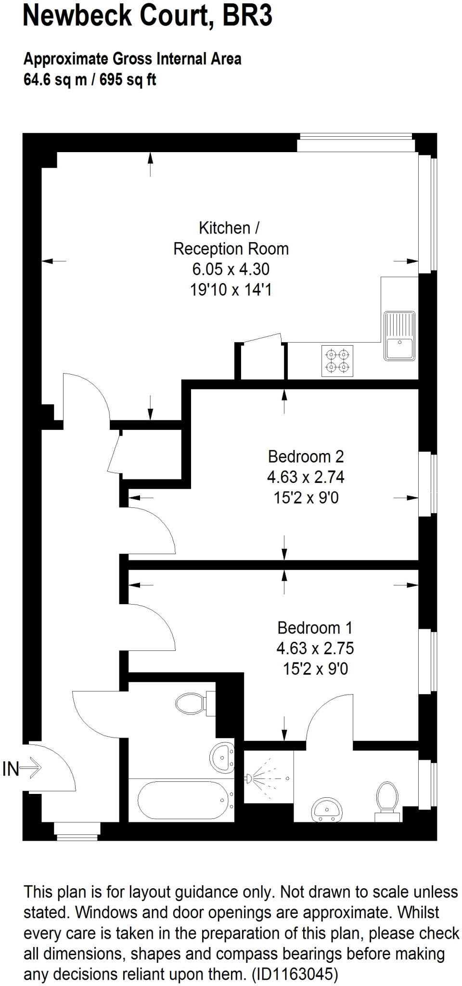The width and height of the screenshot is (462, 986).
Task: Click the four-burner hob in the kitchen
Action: [337, 361]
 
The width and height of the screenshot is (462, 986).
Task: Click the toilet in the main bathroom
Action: [192, 704]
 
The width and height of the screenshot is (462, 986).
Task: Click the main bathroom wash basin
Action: [222, 756]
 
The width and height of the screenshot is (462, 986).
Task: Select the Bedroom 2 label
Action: [306, 456]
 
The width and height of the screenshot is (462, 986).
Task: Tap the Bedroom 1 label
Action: [315, 627]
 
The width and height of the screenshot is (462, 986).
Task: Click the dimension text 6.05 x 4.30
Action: [231, 269]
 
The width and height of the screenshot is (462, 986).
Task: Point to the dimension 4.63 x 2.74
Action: [306, 477]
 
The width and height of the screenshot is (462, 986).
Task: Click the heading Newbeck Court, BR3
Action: [148, 16]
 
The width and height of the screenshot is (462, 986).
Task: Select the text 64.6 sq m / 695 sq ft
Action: [90, 79]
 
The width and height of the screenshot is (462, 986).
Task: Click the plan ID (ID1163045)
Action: [295, 974]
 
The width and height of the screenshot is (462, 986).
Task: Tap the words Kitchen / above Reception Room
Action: [231, 227]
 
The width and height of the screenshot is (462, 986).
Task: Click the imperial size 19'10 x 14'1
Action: [231, 290]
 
